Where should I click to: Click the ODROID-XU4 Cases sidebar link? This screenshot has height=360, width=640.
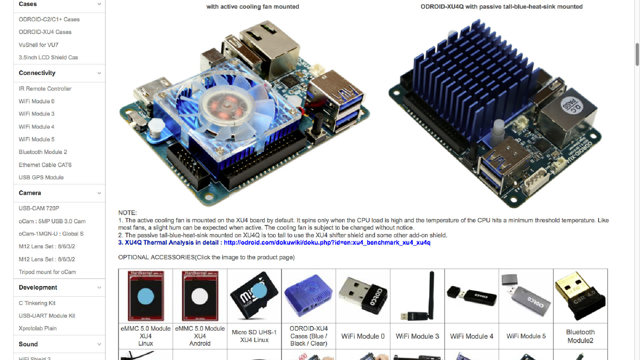pos(45,32)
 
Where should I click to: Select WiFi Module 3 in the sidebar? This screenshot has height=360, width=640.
pos(36,114)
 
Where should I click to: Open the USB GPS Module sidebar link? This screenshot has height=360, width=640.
pos(41,177)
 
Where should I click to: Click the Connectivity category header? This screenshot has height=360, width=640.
pos(37,73)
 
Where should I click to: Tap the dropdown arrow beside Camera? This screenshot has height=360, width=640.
pos(99,193)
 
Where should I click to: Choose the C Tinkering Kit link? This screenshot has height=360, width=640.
pos(37,303)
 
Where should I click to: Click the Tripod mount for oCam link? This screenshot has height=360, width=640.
pos(47,272)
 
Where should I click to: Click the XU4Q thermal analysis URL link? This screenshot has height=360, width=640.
pos(327,243)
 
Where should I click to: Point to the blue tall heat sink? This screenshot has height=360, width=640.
pos(473,77)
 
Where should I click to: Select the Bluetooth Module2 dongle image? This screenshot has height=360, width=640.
pos(580,295)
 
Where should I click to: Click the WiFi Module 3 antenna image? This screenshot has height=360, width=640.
pos(417,295)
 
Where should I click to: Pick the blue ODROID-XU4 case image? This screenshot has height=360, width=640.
pos(308,295)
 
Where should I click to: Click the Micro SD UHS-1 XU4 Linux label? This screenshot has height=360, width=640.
pos(254,336)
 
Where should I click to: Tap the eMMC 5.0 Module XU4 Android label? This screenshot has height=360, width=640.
pos(200,336)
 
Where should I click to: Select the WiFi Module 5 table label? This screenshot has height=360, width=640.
pos(526,336)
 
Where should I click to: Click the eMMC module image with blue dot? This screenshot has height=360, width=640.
pos(146,295)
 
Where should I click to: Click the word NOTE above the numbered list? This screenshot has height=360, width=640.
pos(127,213)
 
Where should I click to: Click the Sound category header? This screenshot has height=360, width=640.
pos(28,344)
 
